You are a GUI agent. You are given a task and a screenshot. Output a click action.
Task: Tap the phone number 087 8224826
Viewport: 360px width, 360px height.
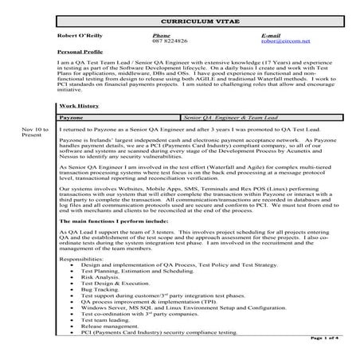tap(169, 42)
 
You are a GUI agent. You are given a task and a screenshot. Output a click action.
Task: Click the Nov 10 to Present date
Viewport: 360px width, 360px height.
tap(35, 131)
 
